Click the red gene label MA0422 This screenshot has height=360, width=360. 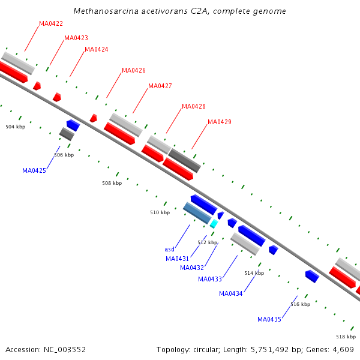51,24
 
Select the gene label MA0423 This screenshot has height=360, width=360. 76,38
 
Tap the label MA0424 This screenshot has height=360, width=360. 97,50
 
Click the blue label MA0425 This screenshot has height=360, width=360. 34,171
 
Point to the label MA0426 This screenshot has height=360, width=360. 134,71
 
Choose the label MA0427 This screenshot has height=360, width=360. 160,86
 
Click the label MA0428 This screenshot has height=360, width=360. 194,107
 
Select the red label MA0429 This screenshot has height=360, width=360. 220,122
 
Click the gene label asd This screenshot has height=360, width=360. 169,250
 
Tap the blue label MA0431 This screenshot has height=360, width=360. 178,259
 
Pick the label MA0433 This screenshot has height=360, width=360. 210,279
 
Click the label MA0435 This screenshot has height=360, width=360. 269,320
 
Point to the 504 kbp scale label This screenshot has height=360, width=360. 16,127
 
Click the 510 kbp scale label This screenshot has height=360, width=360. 160,213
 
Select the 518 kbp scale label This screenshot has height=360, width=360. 346,337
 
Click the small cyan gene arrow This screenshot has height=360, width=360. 214,224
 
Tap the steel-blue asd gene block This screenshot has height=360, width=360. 197,213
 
